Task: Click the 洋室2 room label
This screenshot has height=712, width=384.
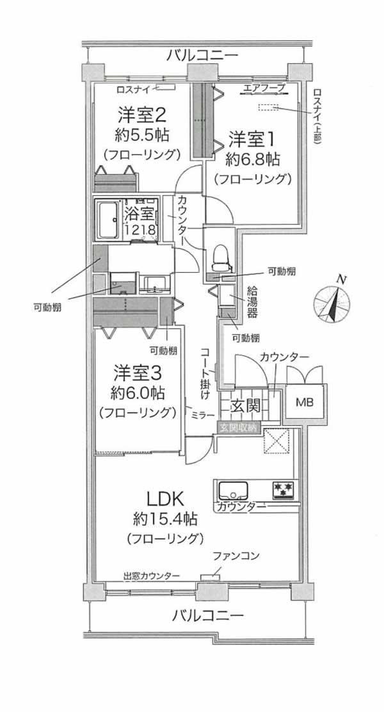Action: [142, 115]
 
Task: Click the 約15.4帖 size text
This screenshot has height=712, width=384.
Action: [165, 517]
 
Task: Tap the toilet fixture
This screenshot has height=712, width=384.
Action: [219, 255]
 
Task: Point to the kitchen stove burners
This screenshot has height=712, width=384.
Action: [284, 489]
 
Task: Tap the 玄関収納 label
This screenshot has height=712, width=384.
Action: [239, 427]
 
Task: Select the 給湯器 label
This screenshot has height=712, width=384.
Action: [253, 302]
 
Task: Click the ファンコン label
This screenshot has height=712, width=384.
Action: [236, 556]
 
